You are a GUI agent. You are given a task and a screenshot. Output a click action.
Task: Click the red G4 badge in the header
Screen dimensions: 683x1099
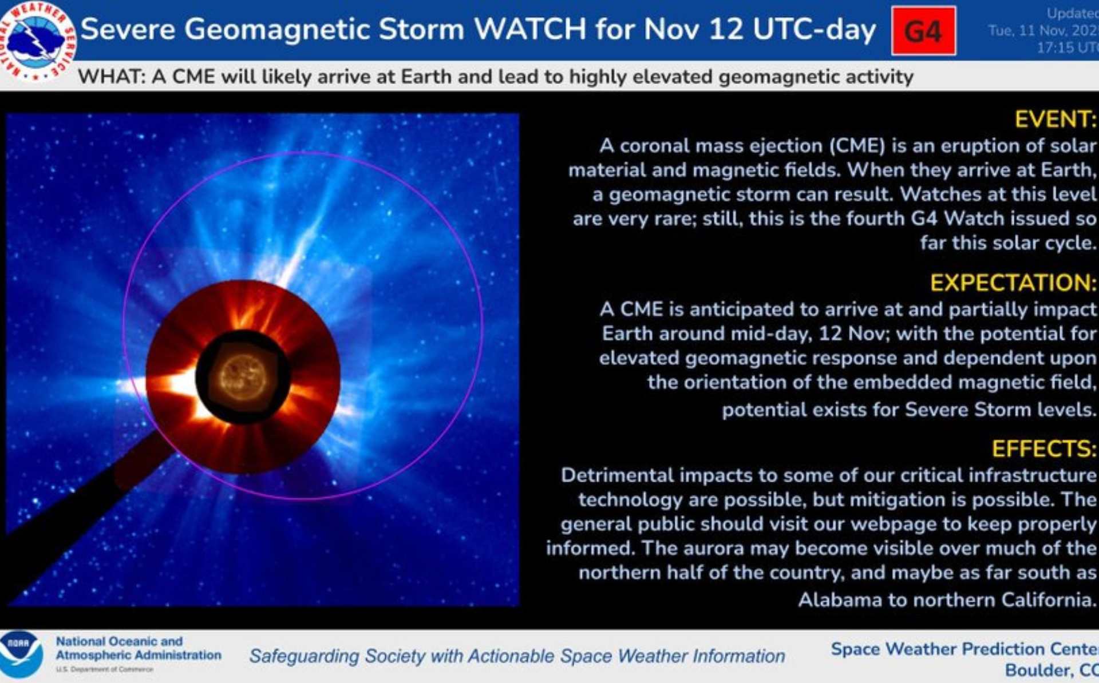923,31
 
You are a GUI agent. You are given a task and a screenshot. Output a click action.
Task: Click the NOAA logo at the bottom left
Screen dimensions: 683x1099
21,654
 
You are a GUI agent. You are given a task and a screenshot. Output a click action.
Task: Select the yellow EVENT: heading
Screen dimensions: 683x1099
1055,120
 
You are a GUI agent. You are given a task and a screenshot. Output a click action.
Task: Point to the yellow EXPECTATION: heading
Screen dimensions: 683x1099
1013,283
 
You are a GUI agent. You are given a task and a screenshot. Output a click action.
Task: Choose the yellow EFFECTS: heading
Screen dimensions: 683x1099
1043,449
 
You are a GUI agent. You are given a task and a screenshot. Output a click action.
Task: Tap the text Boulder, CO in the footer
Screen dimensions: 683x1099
1051,670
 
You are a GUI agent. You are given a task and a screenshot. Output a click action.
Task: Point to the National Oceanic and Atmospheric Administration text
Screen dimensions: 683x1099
138,648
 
